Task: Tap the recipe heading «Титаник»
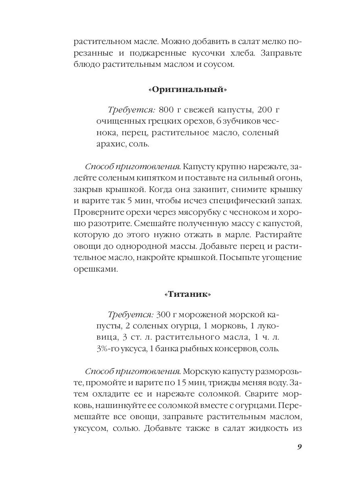187,295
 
